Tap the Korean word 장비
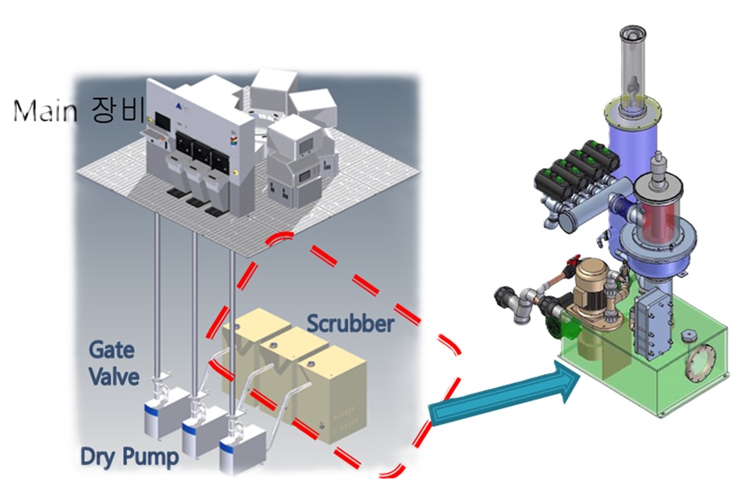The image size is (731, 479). pos(118,111)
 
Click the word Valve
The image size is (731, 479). pos(114,377)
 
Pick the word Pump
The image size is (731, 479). pos(154,456)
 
